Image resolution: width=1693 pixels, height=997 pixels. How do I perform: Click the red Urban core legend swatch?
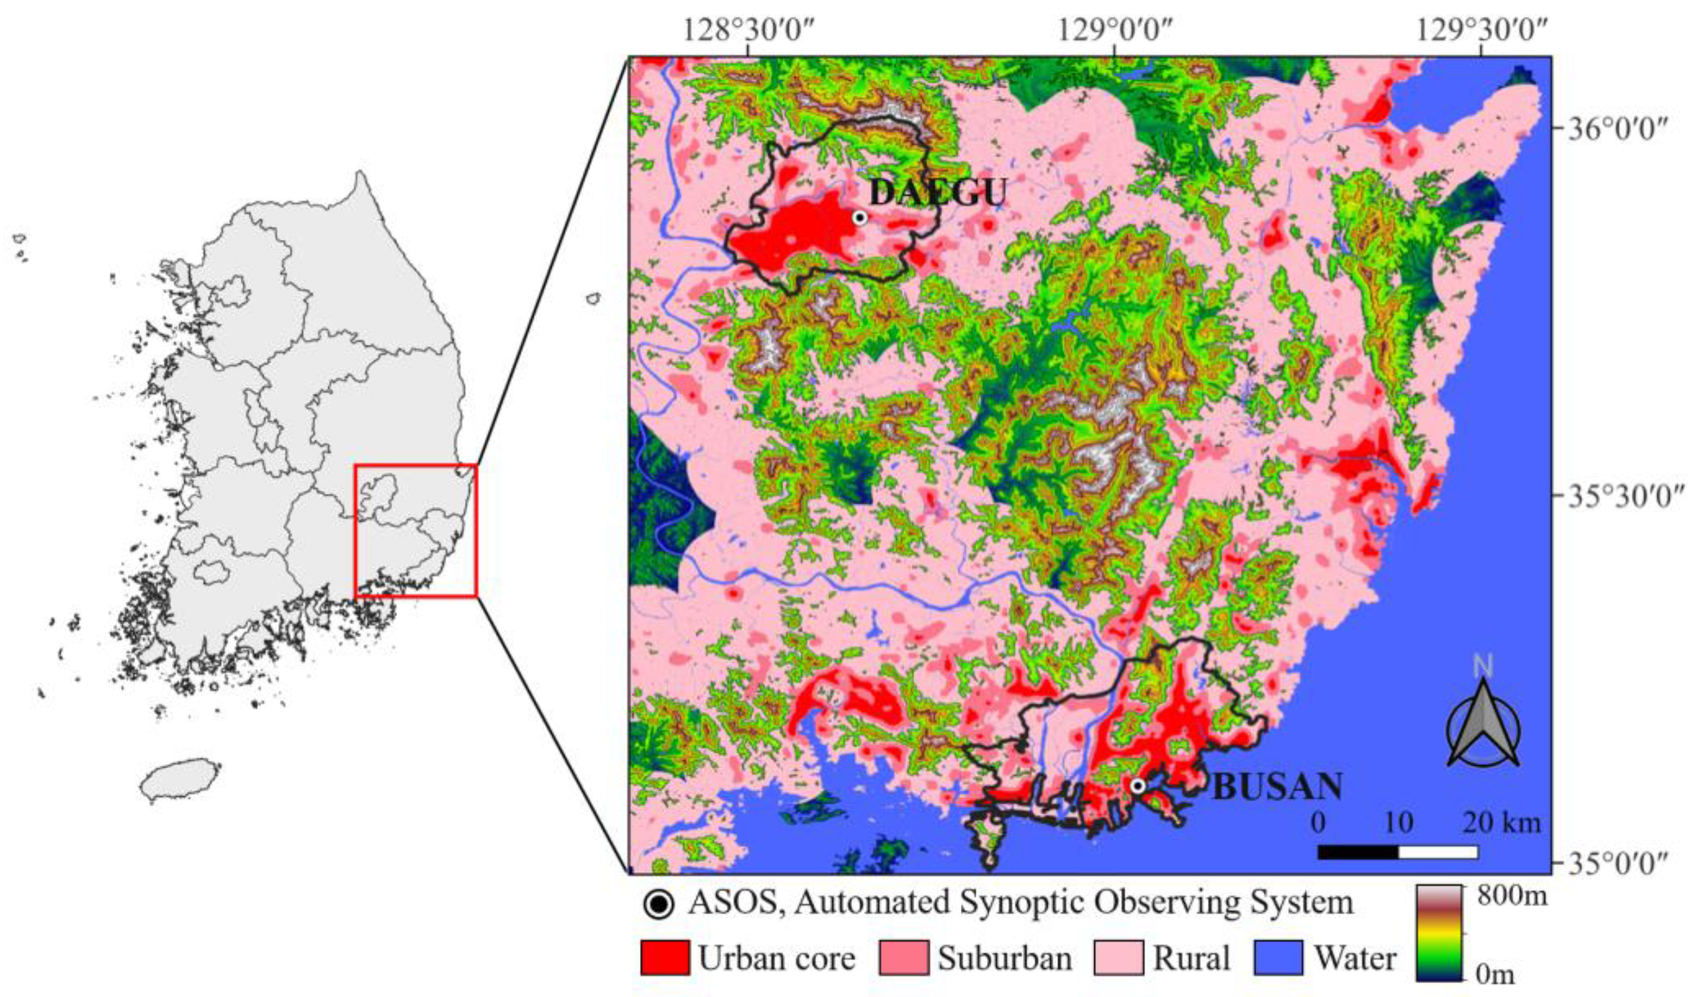click(665, 958)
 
